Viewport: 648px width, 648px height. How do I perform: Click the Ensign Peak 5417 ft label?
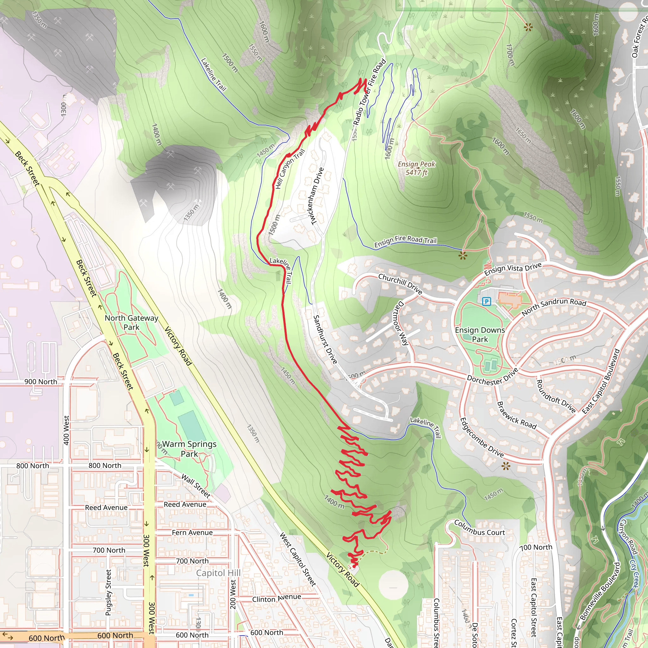point(416,168)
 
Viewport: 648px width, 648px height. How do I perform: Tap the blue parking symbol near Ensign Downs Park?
point(486,302)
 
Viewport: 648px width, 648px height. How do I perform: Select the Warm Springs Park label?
point(189,449)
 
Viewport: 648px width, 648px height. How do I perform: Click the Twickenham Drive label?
point(317,196)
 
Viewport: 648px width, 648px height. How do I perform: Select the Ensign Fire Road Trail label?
point(405,241)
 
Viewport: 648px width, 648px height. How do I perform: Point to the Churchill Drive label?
point(400,284)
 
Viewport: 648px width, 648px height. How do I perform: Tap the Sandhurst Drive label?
point(325,340)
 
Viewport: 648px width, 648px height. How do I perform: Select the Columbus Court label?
point(479,528)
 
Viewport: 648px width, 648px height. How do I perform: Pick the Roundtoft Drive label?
point(556,396)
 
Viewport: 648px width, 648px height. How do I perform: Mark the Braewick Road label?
point(516,415)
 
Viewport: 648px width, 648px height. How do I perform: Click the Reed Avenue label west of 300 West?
point(106,508)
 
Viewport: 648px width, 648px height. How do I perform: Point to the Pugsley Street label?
point(108,592)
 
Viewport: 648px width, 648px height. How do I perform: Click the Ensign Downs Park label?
point(480,335)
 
